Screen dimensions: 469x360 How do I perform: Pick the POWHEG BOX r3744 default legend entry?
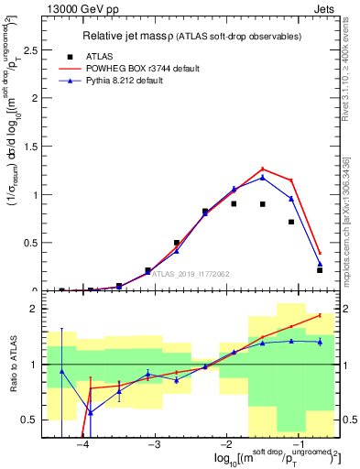(137, 69)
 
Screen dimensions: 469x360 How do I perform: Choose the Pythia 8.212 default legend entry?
(128, 82)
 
